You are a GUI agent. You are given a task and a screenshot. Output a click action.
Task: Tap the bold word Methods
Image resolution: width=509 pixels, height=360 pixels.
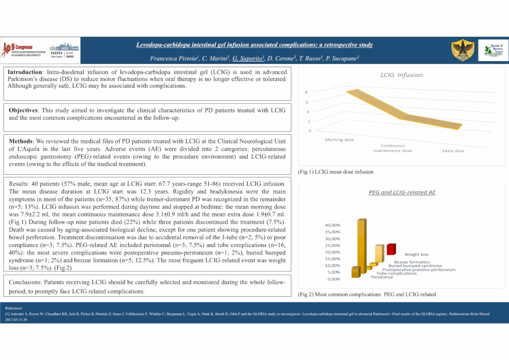point(20,141)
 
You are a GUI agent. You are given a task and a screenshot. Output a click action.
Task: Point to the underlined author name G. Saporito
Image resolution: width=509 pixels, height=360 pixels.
point(249,58)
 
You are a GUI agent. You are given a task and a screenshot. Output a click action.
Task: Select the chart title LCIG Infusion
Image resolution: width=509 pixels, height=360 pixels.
point(401,75)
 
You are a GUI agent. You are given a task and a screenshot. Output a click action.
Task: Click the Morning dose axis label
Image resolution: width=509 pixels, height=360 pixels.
point(339,140)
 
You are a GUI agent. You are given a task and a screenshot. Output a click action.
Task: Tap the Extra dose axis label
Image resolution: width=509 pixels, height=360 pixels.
point(453,151)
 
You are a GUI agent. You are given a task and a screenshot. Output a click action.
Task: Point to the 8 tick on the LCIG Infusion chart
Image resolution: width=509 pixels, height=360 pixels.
point(306,92)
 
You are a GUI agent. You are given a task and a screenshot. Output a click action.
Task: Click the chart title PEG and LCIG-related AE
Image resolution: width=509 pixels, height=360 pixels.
point(401,192)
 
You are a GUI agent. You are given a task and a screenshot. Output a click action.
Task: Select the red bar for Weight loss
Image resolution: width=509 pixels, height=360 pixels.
point(391,249)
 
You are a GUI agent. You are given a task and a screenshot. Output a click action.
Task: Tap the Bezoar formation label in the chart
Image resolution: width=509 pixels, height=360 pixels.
point(412,262)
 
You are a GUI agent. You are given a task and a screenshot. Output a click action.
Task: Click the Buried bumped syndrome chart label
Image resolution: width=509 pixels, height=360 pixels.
point(415,266)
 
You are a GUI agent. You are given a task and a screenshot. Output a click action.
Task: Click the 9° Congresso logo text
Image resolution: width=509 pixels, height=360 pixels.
point(25,46)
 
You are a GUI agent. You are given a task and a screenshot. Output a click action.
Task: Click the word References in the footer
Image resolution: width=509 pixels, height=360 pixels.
point(14,308)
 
